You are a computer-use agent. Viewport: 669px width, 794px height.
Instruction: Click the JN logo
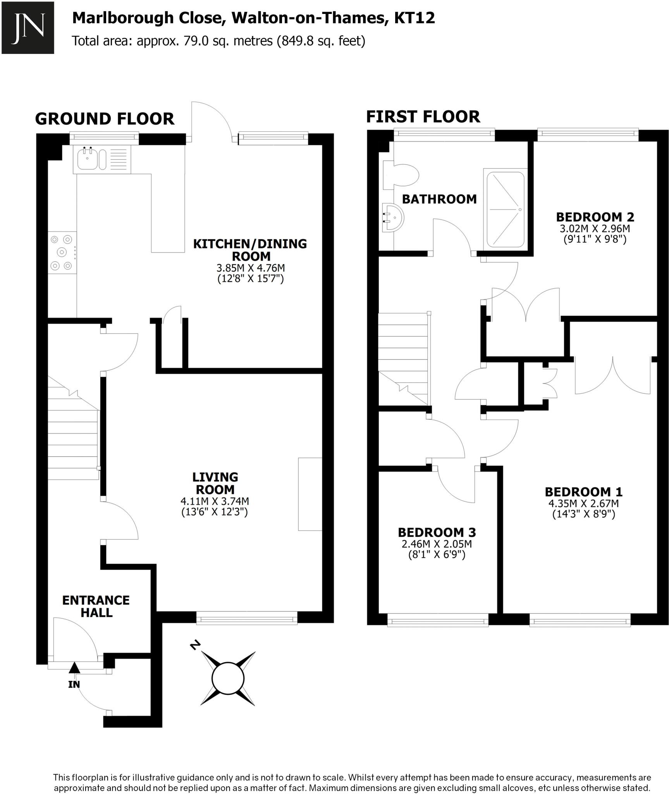[x=28, y=28]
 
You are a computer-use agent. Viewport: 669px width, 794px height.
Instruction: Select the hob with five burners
[x=62, y=252]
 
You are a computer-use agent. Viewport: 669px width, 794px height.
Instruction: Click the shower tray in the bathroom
[x=505, y=210]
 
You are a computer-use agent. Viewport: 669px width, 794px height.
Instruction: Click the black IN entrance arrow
[x=74, y=668]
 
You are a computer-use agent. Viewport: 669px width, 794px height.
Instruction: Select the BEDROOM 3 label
[x=437, y=532]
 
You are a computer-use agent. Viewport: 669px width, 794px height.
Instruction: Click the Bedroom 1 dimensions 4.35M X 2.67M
[x=583, y=504]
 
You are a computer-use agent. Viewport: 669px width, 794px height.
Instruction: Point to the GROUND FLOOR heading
[x=105, y=119]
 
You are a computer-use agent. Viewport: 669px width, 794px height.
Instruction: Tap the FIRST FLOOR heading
[x=423, y=117]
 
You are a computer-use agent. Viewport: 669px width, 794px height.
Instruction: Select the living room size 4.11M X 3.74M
[x=215, y=501]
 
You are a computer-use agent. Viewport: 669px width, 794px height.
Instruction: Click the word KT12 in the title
[x=414, y=18]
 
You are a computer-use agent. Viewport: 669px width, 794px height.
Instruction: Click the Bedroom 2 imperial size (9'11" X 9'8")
[x=595, y=239]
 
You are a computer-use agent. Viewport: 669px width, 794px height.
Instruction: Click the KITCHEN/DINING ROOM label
[x=250, y=250]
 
